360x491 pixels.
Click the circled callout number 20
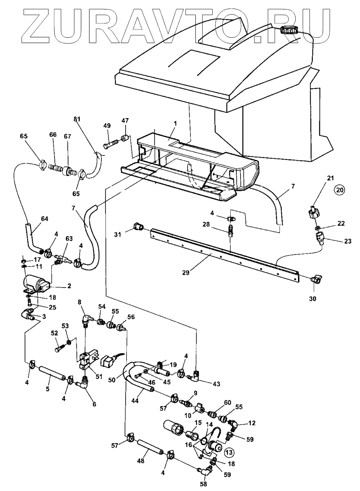pos(339,190)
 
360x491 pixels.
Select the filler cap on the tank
pos(289,30)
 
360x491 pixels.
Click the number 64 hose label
pos(44,219)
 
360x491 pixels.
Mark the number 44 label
pos(133,400)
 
